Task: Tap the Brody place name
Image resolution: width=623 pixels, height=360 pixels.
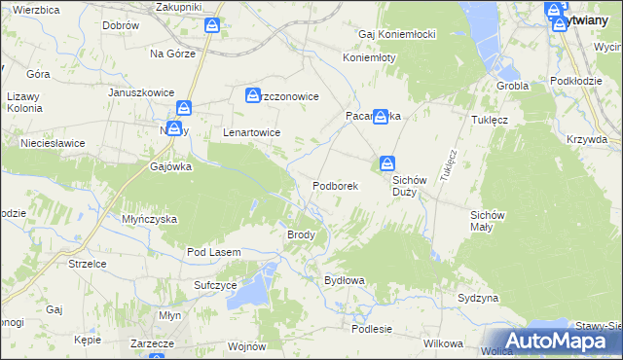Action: tap(300, 234)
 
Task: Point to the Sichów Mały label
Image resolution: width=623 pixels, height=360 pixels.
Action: tap(488, 220)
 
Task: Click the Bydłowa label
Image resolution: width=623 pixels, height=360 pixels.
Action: tap(344, 280)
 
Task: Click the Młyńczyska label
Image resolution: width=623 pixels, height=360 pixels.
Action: tap(149, 219)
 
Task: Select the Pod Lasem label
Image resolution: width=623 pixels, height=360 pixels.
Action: tap(213, 252)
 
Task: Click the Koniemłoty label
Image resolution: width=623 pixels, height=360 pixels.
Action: tap(369, 57)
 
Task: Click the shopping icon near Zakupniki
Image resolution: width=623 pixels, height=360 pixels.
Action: tap(212, 24)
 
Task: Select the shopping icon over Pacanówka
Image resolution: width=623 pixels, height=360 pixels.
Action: tap(381, 114)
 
